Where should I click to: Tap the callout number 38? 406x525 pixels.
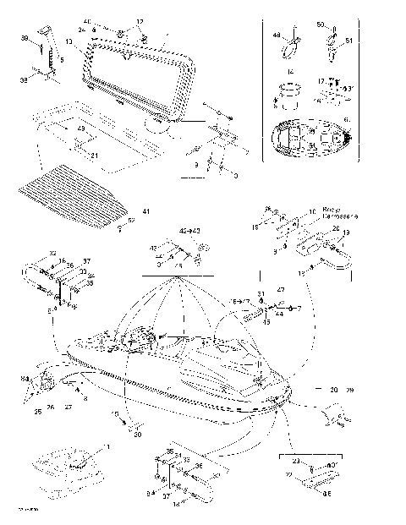point(24,38)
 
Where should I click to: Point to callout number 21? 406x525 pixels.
point(95,156)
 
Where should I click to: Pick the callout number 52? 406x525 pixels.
point(131,220)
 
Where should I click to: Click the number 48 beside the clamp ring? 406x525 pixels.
point(276,36)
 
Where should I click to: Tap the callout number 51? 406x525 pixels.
point(350,39)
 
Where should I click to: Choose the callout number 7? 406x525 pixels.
point(298,309)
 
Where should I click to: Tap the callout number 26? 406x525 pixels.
point(51,407)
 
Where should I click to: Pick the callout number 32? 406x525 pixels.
point(52,253)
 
